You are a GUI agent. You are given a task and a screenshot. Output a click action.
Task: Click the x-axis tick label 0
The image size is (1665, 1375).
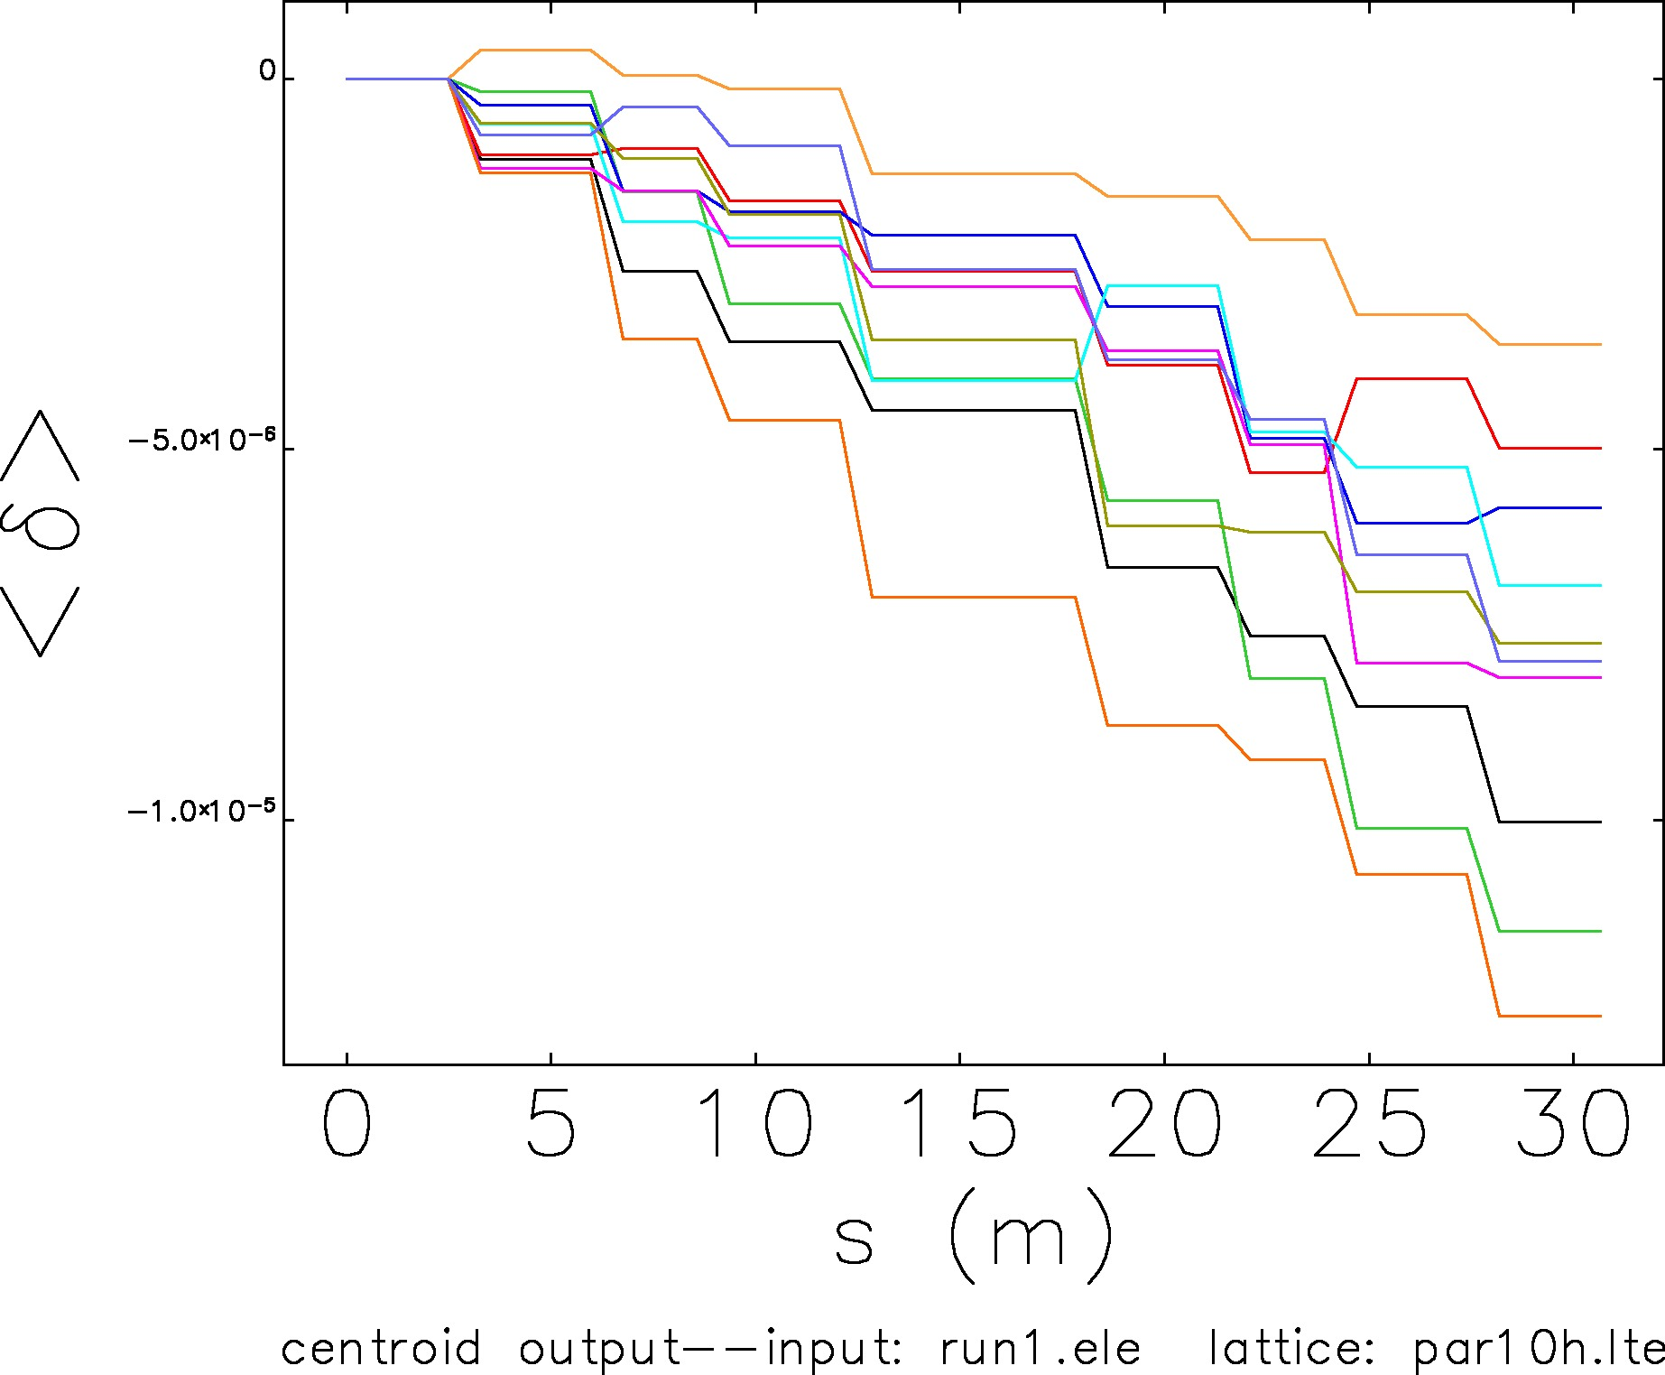347,1124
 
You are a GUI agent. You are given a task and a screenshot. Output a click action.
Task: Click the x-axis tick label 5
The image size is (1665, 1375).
550,1124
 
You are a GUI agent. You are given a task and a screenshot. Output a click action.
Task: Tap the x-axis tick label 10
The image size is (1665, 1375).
756,1124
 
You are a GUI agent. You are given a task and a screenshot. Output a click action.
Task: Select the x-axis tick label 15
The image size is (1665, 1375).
960,1124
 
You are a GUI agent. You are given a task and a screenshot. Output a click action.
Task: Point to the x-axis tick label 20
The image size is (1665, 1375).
1165,1124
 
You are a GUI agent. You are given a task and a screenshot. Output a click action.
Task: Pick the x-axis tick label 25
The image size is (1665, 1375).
1370,1124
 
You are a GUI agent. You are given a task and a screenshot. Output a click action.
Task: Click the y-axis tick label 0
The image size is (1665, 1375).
268,71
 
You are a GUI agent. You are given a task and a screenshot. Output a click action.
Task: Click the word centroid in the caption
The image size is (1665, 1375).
381,1350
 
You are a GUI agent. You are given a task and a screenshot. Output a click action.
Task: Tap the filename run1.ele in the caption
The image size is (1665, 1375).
1041,1350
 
